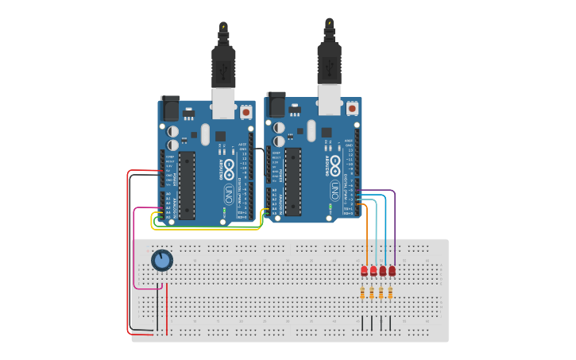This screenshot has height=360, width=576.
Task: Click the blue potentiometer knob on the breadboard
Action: tap(162, 260)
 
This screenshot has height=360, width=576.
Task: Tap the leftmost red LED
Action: tap(365, 271)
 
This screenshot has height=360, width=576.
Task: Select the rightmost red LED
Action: tap(392, 271)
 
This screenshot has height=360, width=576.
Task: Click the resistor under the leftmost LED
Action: tap(364, 293)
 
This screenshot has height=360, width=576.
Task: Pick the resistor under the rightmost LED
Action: tap(391, 293)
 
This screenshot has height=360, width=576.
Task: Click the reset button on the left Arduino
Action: tap(245, 113)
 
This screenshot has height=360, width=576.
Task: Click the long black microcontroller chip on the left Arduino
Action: tap(187, 185)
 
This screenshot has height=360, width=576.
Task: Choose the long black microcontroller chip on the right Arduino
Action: tap(293, 181)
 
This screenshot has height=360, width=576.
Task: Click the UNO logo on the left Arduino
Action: tap(229, 191)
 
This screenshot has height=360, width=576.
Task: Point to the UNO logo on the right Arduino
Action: tap(335, 189)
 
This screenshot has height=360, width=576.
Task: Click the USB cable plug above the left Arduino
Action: tap(223, 64)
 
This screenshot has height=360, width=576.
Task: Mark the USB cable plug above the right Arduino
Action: tap(329, 59)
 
